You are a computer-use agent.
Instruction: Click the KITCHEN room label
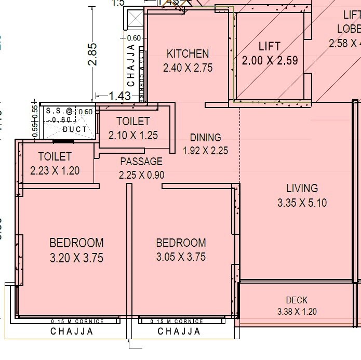click(188, 54)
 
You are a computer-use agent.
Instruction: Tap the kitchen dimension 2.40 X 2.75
click(188, 68)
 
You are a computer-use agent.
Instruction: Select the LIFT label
click(269, 46)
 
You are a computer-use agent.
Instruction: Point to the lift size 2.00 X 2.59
click(270, 60)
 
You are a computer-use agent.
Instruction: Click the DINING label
click(205, 138)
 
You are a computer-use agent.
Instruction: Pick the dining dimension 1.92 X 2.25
click(205, 151)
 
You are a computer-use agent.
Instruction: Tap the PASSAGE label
click(141, 162)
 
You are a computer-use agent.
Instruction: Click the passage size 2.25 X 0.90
click(142, 175)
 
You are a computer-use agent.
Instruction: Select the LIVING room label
click(302, 188)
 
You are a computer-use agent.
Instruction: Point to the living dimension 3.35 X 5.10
click(302, 203)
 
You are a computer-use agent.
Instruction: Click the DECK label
click(297, 300)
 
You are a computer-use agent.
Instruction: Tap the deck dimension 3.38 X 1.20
click(297, 312)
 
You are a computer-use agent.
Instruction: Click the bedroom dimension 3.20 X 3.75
click(76, 257)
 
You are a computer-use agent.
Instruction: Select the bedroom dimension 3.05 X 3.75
click(181, 257)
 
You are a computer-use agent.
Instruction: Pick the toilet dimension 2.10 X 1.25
click(133, 136)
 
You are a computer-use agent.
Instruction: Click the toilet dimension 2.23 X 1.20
click(55, 170)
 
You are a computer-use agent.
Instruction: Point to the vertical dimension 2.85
click(92, 54)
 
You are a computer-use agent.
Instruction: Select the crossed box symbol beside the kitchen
click(135, 21)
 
